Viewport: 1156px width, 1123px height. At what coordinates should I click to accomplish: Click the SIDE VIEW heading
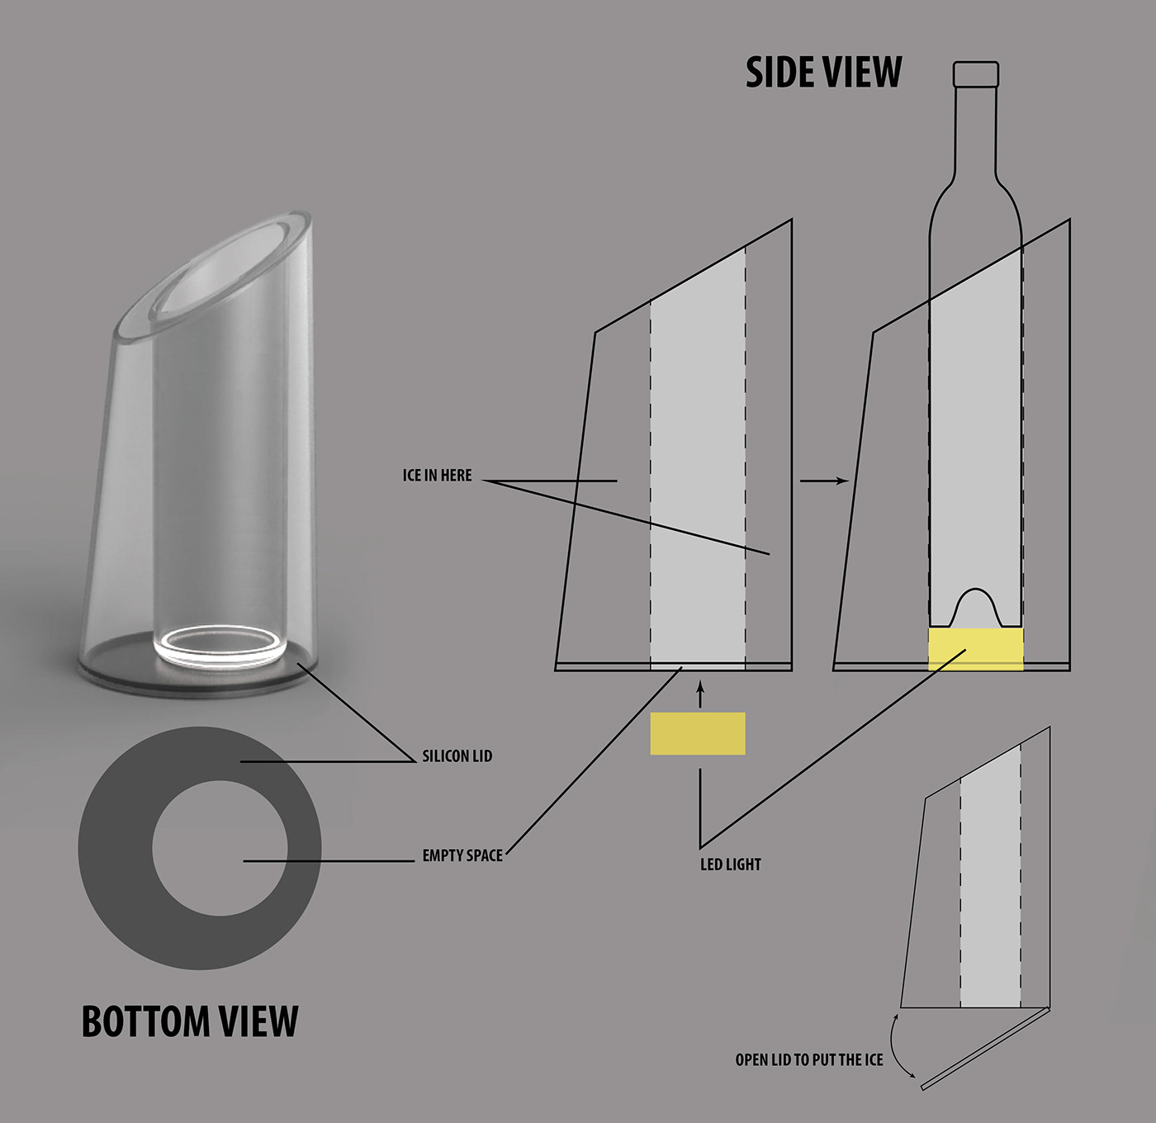point(823,72)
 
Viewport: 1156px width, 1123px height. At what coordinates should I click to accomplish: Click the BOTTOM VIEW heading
point(189,1021)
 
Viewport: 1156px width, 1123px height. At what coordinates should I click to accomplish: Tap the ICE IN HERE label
point(437,476)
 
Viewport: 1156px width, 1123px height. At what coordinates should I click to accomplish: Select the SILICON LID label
point(457,756)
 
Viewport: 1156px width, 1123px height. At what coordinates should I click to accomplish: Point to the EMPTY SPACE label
point(462,855)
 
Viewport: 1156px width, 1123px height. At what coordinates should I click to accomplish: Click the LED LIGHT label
point(730,865)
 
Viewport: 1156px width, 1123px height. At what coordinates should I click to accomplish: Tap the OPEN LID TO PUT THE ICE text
point(809,1060)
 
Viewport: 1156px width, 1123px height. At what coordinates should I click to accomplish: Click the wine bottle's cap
point(976,73)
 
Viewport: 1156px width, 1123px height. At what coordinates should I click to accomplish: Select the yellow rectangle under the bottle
point(976,649)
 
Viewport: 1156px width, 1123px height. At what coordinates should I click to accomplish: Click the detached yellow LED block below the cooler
point(698,733)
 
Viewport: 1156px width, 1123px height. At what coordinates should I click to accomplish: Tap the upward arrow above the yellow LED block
point(700,694)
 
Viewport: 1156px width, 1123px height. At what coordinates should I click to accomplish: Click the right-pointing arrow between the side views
point(824,481)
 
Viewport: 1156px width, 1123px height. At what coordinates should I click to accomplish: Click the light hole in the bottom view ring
point(220,848)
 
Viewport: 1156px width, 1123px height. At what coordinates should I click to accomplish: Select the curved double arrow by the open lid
point(900,1045)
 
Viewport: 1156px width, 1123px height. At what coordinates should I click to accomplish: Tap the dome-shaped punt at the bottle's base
point(976,607)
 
